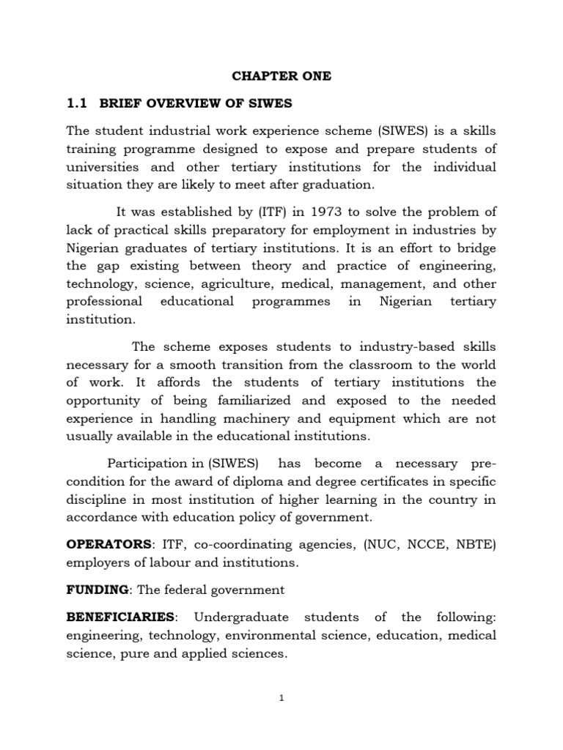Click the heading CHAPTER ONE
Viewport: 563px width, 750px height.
point(281,76)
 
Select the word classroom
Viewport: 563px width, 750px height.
point(361,365)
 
